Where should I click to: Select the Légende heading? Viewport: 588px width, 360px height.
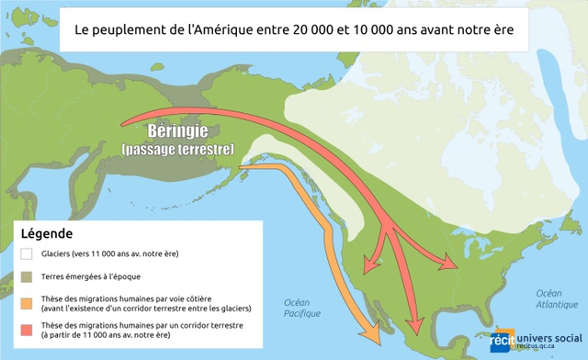pyautogui.click(x=46, y=235)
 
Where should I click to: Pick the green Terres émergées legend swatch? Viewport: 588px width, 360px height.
pyautogui.click(x=27, y=276)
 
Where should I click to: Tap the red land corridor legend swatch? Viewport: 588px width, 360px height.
pyautogui.click(x=27, y=330)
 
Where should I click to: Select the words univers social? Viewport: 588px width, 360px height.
pyautogui.click(x=548, y=336)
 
